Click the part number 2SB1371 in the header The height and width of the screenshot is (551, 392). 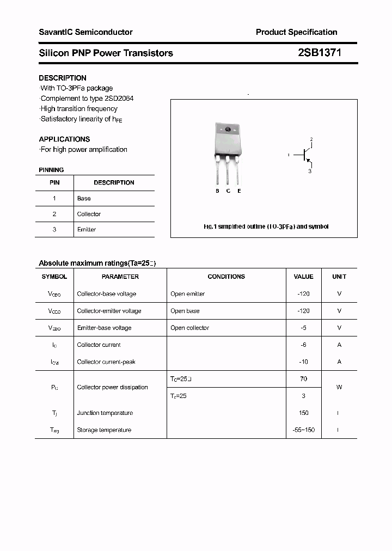coord(320,53)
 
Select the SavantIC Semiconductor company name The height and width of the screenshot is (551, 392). coord(85,32)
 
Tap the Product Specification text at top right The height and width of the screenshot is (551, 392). coord(296,32)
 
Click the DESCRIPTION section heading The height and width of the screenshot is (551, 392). coord(63,78)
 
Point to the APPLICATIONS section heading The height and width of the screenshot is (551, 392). coord(64,139)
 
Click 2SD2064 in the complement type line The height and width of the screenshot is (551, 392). coord(117,99)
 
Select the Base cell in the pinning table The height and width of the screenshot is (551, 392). coord(84,199)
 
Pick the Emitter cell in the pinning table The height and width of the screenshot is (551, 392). coord(87,230)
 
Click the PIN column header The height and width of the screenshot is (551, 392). coord(54,183)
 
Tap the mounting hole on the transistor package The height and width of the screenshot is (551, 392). coord(228,130)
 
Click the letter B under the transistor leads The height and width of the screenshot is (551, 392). coord(217,191)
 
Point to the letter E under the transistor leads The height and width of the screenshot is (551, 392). coord(239,191)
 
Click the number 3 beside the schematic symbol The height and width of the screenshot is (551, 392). coord(310,171)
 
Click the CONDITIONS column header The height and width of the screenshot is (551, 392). coord(226,277)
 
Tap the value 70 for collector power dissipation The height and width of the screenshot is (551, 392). coord(303,379)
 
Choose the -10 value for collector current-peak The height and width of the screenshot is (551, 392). coord(303,362)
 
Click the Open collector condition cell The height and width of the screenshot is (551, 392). coord(189,328)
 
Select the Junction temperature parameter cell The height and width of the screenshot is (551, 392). coord(105,413)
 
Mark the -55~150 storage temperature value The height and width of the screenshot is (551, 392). coord(303,430)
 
